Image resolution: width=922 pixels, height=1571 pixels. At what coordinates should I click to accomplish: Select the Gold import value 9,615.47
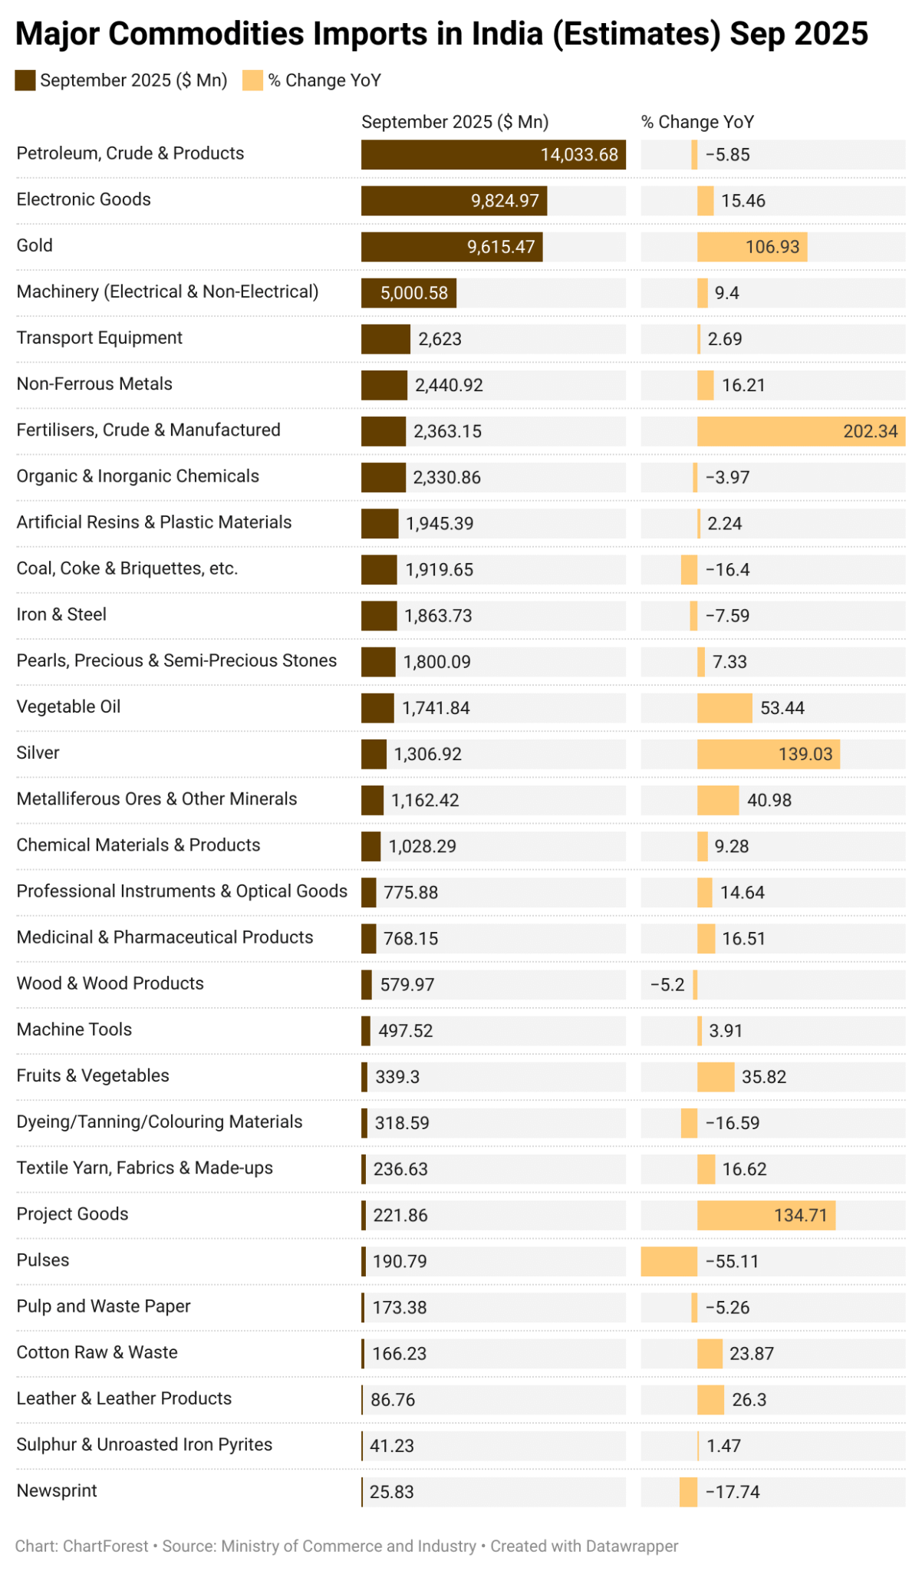[500, 247]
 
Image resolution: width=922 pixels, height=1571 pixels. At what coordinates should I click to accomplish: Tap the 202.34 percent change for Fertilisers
[870, 431]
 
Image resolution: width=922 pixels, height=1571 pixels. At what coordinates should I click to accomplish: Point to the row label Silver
[38, 753]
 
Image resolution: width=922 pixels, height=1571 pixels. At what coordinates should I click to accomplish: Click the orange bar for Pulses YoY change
[669, 1261]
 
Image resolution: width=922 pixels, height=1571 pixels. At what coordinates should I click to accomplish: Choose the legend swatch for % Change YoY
[252, 81]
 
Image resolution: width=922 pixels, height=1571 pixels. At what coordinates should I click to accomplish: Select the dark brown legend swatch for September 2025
[25, 81]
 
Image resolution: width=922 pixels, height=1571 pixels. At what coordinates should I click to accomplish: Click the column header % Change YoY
[697, 122]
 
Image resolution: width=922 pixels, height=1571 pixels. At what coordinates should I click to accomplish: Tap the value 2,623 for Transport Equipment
[440, 339]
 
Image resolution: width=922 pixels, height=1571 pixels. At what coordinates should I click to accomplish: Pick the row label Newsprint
[58, 1490]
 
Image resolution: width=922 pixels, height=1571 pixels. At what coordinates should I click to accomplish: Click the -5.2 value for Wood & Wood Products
[667, 984]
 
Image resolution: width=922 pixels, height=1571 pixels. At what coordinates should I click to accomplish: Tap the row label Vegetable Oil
[69, 706]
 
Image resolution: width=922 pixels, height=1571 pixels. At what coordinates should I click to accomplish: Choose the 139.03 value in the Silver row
[805, 754]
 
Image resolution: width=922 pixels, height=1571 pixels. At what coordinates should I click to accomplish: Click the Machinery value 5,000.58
[414, 293]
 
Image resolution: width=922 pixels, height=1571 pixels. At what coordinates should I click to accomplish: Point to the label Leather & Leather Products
[124, 1398]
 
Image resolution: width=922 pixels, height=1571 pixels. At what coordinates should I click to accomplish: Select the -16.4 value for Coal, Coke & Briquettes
[727, 570]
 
